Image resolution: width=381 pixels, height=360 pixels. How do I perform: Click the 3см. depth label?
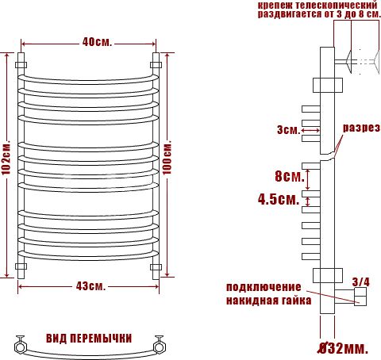pyautogui.click(x=287, y=129)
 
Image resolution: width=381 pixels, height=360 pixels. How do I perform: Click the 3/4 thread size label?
pyautogui.click(x=360, y=281)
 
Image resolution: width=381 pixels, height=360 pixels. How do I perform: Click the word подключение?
pyautogui.click(x=264, y=286)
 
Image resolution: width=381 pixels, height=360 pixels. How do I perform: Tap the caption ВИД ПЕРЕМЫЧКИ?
pyautogui.click(x=88, y=338)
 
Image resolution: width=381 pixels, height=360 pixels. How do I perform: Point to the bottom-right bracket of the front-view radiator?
pyautogui.click(x=156, y=266)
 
